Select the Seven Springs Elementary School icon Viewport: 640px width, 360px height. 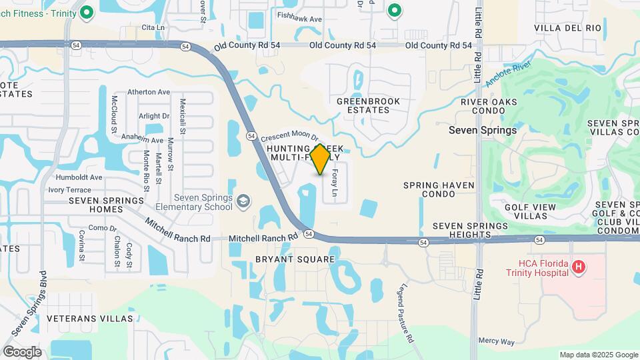tap(244, 201)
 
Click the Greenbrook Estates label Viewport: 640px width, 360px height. tap(368, 105)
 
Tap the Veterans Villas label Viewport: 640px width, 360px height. tap(90, 318)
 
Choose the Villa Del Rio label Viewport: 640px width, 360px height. tap(568, 28)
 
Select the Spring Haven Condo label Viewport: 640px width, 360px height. tap(439, 189)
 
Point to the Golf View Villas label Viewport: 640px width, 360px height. tap(530, 211)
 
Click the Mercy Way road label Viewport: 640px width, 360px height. tap(497, 341)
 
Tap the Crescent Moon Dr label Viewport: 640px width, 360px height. tap(287, 133)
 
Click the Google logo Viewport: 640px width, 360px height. tap(22, 351)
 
